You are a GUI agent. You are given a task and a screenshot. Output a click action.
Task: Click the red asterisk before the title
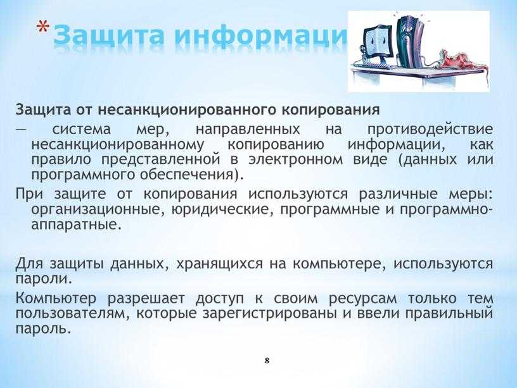(42, 27)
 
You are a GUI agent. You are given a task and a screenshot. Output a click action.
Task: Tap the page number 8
(267, 361)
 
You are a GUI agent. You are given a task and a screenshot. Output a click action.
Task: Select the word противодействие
(430, 130)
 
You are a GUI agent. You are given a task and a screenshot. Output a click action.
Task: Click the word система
(82, 129)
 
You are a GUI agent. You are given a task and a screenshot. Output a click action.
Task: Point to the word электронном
(296, 160)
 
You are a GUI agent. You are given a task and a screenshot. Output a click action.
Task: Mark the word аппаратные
(75, 225)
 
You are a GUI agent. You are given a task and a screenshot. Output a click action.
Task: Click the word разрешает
(146, 299)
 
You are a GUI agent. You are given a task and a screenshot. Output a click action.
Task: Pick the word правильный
(449, 313)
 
